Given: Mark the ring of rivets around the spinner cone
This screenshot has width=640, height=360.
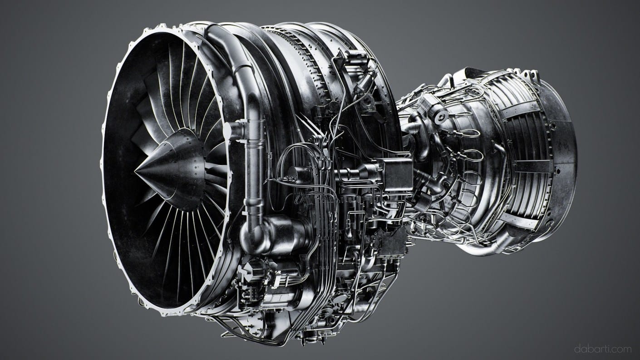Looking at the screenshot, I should (x=191, y=168).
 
